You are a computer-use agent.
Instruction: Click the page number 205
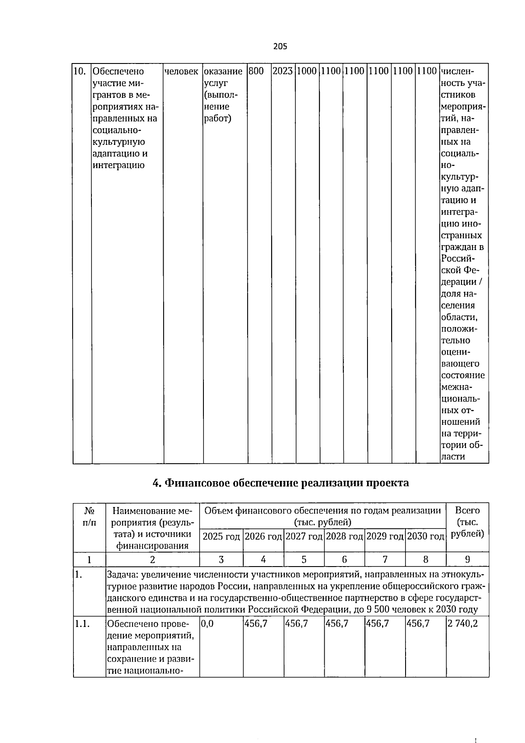280,46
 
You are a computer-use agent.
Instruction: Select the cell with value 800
256,71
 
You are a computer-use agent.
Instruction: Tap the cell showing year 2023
283,71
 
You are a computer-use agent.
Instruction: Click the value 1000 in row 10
307,71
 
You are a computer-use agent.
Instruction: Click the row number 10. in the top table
79,71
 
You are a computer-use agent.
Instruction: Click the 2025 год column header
221,536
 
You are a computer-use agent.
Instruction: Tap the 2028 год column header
344,536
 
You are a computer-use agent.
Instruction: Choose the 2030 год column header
425,536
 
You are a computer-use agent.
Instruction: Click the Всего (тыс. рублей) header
467,522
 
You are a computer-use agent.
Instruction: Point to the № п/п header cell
89,517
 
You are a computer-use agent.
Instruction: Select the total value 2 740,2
462,623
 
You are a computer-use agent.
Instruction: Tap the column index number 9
467,559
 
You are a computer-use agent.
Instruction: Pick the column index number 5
304,559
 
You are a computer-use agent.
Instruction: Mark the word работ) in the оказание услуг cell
218,119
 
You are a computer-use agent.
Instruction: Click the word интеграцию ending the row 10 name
119,166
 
